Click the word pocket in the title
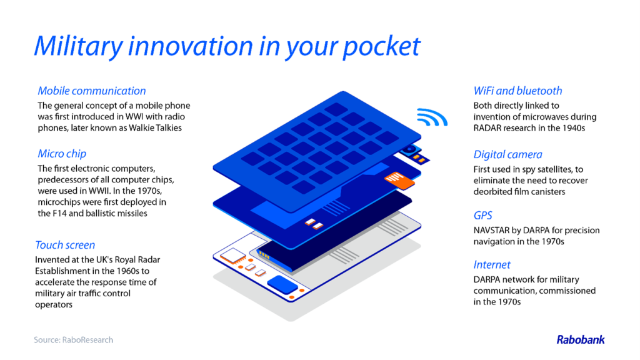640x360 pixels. point(381,46)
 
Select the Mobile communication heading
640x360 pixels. point(92,91)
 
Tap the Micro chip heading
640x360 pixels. point(62,154)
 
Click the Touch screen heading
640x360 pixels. point(65,245)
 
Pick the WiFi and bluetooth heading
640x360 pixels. point(518,91)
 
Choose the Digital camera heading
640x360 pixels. point(508,155)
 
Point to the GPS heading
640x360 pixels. point(483,216)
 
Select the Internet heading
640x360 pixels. point(492,265)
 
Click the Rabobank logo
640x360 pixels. point(581,339)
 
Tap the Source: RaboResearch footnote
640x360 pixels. point(74,340)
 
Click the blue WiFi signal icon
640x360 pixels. point(432,117)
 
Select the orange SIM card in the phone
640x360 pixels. point(399,180)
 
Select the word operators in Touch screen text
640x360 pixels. point(54,305)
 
